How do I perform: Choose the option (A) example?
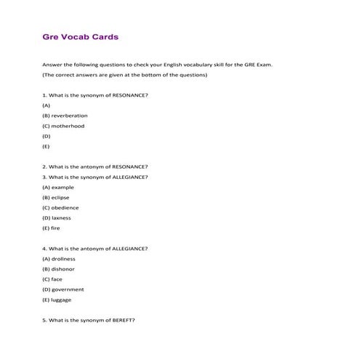[58, 187]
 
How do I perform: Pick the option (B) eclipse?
[57, 197]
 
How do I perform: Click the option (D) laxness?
[59, 217]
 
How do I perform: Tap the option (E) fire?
[52, 228]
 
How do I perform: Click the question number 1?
[45, 95]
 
